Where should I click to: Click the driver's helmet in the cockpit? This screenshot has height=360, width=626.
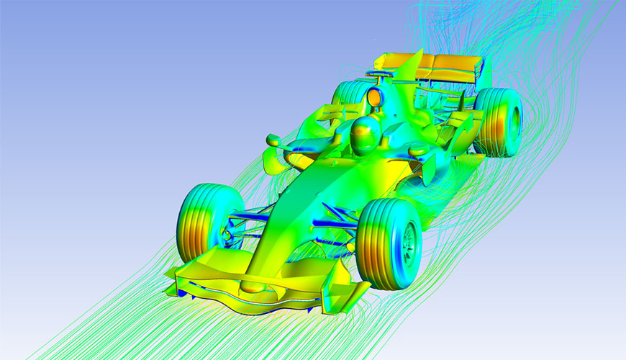[x=365, y=135]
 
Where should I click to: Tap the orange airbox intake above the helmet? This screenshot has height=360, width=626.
[x=374, y=96]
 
